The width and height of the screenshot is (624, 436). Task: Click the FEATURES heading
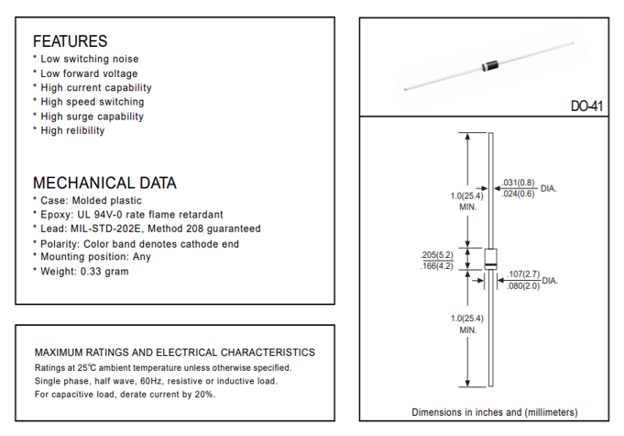tap(70, 41)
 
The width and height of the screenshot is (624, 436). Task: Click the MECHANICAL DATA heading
tap(104, 183)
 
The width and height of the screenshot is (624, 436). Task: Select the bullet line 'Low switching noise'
tap(90, 59)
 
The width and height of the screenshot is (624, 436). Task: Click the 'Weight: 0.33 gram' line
tap(84, 271)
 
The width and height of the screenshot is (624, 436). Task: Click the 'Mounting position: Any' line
tap(96, 257)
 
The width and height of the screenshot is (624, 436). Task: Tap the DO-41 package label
tap(587, 106)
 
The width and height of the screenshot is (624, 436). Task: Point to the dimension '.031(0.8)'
tap(519, 183)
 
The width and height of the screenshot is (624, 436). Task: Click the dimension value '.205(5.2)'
tap(436, 254)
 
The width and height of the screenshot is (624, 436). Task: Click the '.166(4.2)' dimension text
tap(436, 266)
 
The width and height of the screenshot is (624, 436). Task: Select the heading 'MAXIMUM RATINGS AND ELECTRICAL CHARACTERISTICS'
tap(174, 352)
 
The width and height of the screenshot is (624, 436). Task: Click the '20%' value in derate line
tap(204, 394)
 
